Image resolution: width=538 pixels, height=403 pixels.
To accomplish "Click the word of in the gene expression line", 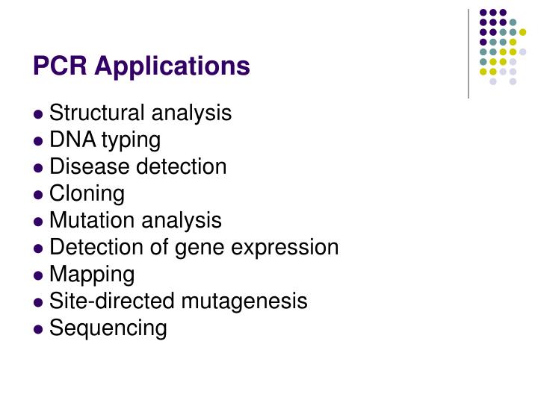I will point(161,248).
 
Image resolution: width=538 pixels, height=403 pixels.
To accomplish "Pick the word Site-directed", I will point(100,302).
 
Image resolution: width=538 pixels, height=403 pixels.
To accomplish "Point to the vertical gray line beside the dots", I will point(469,52).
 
